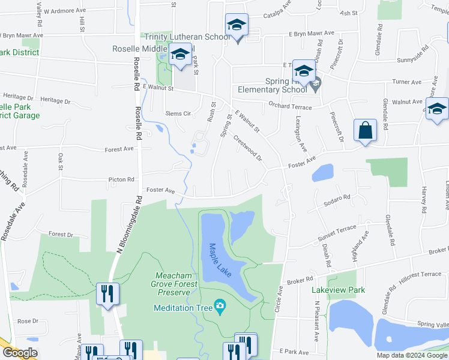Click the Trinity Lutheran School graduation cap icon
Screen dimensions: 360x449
click(x=237, y=26)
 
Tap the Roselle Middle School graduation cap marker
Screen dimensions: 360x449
click(x=180, y=55)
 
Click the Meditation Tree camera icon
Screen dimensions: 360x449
click(x=220, y=307)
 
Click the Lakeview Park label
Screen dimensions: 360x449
click(x=338, y=289)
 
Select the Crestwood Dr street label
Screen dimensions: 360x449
click(x=247, y=147)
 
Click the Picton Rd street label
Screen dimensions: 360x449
click(x=121, y=179)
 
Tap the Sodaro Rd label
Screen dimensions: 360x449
click(x=338, y=197)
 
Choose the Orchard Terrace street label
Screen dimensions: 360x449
click(x=291, y=107)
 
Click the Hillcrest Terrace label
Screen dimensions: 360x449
click(x=415, y=274)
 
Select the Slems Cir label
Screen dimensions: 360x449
click(x=178, y=113)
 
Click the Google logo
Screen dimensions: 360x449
click(x=21, y=353)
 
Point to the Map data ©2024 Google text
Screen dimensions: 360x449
click(x=411, y=355)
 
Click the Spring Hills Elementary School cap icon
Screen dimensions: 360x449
click(x=304, y=72)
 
